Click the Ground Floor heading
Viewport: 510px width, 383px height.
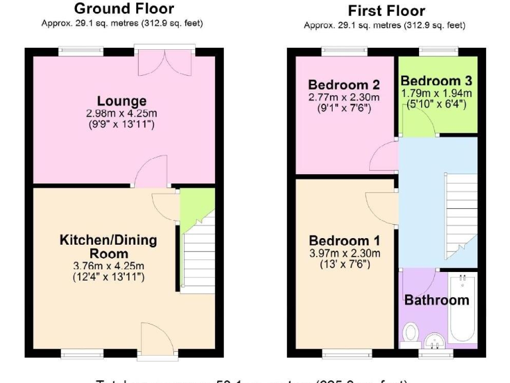coord(124,9)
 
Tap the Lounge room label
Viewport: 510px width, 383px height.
coord(122,101)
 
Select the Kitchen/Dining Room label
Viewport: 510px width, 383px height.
coord(108,246)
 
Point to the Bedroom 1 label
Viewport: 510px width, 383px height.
coord(345,241)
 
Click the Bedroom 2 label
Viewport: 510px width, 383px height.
coord(343,84)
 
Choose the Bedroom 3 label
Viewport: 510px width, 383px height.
coord(436,81)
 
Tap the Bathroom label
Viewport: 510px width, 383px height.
coord(436,300)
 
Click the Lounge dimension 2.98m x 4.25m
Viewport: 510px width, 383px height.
coord(122,113)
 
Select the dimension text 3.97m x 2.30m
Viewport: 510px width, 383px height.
coord(345,253)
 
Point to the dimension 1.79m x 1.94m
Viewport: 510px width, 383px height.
coord(436,93)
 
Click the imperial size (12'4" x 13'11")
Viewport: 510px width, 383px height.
coord(108,277)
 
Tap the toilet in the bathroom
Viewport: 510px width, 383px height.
coord(410,330)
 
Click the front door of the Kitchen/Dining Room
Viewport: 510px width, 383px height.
coord(158,338)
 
